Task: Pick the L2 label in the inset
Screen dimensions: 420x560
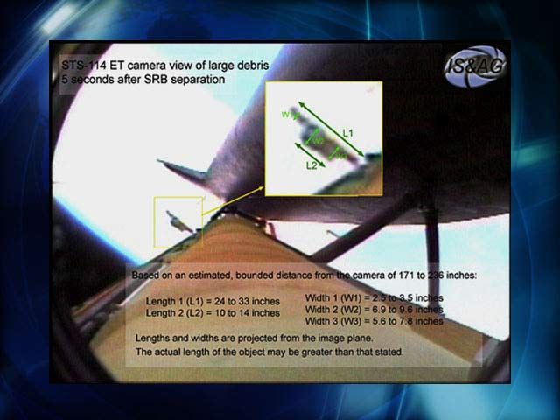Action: (311, 164)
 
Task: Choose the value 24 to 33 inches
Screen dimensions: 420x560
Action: (249, 301)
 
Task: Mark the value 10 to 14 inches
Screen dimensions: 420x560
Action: (249, 312)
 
